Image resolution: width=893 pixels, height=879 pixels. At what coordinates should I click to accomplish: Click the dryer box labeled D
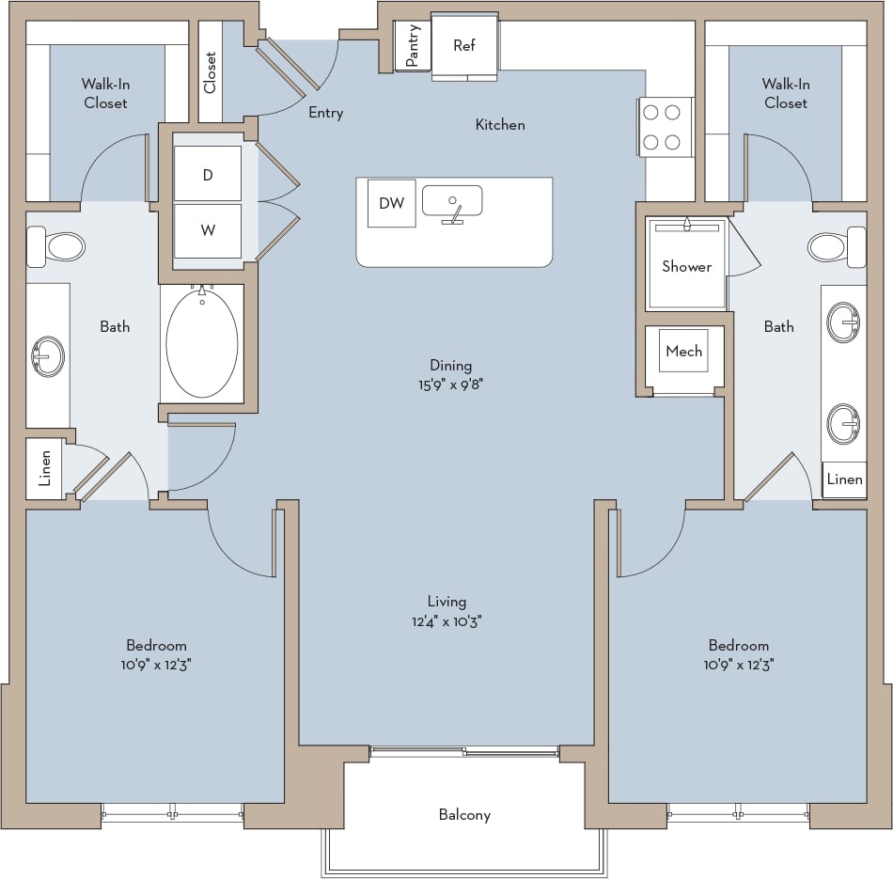(x=208, y=174)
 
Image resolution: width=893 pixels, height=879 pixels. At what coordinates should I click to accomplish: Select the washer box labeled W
(x=208, y=229)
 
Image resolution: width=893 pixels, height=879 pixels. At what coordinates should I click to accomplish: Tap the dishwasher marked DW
(x=391, y=203)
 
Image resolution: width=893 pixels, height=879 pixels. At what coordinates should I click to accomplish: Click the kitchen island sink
(x=452, y=202)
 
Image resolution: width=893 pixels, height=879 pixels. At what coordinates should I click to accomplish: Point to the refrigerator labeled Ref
(x=464, y=46)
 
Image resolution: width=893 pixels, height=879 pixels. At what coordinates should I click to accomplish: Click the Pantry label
(x=413, y=45)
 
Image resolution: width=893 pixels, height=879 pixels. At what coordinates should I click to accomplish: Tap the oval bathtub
(x=201, y=343)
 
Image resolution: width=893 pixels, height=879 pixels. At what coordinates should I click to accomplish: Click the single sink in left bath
(x=47, y=356)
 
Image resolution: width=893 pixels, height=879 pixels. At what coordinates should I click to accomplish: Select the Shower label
(x=686, y=266)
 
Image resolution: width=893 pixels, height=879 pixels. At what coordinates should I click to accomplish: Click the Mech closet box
(x=683, y=351)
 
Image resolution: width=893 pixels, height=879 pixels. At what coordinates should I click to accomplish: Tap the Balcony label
(x=464, y=815)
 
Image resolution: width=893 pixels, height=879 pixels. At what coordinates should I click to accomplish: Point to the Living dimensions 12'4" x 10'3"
(x=446, y=621)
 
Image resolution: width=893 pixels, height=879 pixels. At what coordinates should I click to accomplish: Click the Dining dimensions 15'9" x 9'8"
(x=450, y=384)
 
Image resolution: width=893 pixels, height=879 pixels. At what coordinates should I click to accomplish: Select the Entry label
(x=326, y=113)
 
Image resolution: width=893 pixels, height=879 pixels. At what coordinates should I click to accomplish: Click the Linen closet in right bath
(x=844, y=479)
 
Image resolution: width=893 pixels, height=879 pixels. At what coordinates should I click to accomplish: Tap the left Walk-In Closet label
(x=105, y=93)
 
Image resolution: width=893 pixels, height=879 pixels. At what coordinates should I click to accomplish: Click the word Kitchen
(x=500, y=124)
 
